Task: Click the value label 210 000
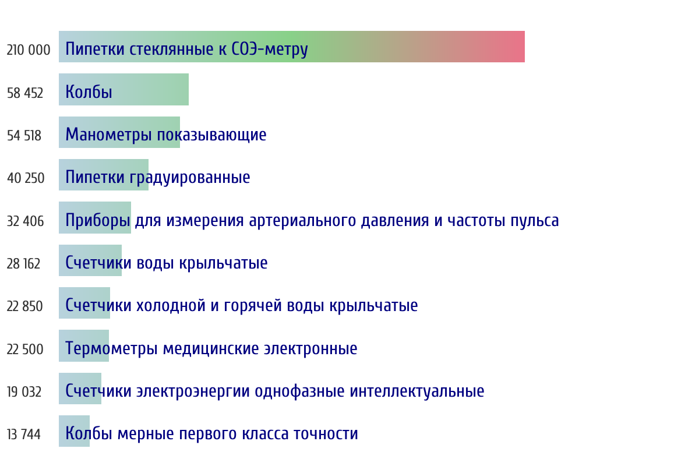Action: click(29, 50)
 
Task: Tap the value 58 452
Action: click(25, 93)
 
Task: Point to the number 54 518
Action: click(24, 136)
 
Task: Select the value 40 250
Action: click(26, 178)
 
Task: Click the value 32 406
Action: click(25, 221)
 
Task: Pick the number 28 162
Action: click(23, 264)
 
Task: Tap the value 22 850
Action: click(24, 306)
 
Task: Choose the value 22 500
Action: click(25, 349)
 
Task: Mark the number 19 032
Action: click(24, 392)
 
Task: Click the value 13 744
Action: click(24, 435)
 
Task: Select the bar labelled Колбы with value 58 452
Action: click(123, 89)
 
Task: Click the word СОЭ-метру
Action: click(270, 50)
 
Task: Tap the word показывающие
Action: click(211, 135)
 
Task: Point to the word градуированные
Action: click(190, 178)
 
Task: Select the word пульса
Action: click(535, 221)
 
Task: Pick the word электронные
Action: click(310, 349)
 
